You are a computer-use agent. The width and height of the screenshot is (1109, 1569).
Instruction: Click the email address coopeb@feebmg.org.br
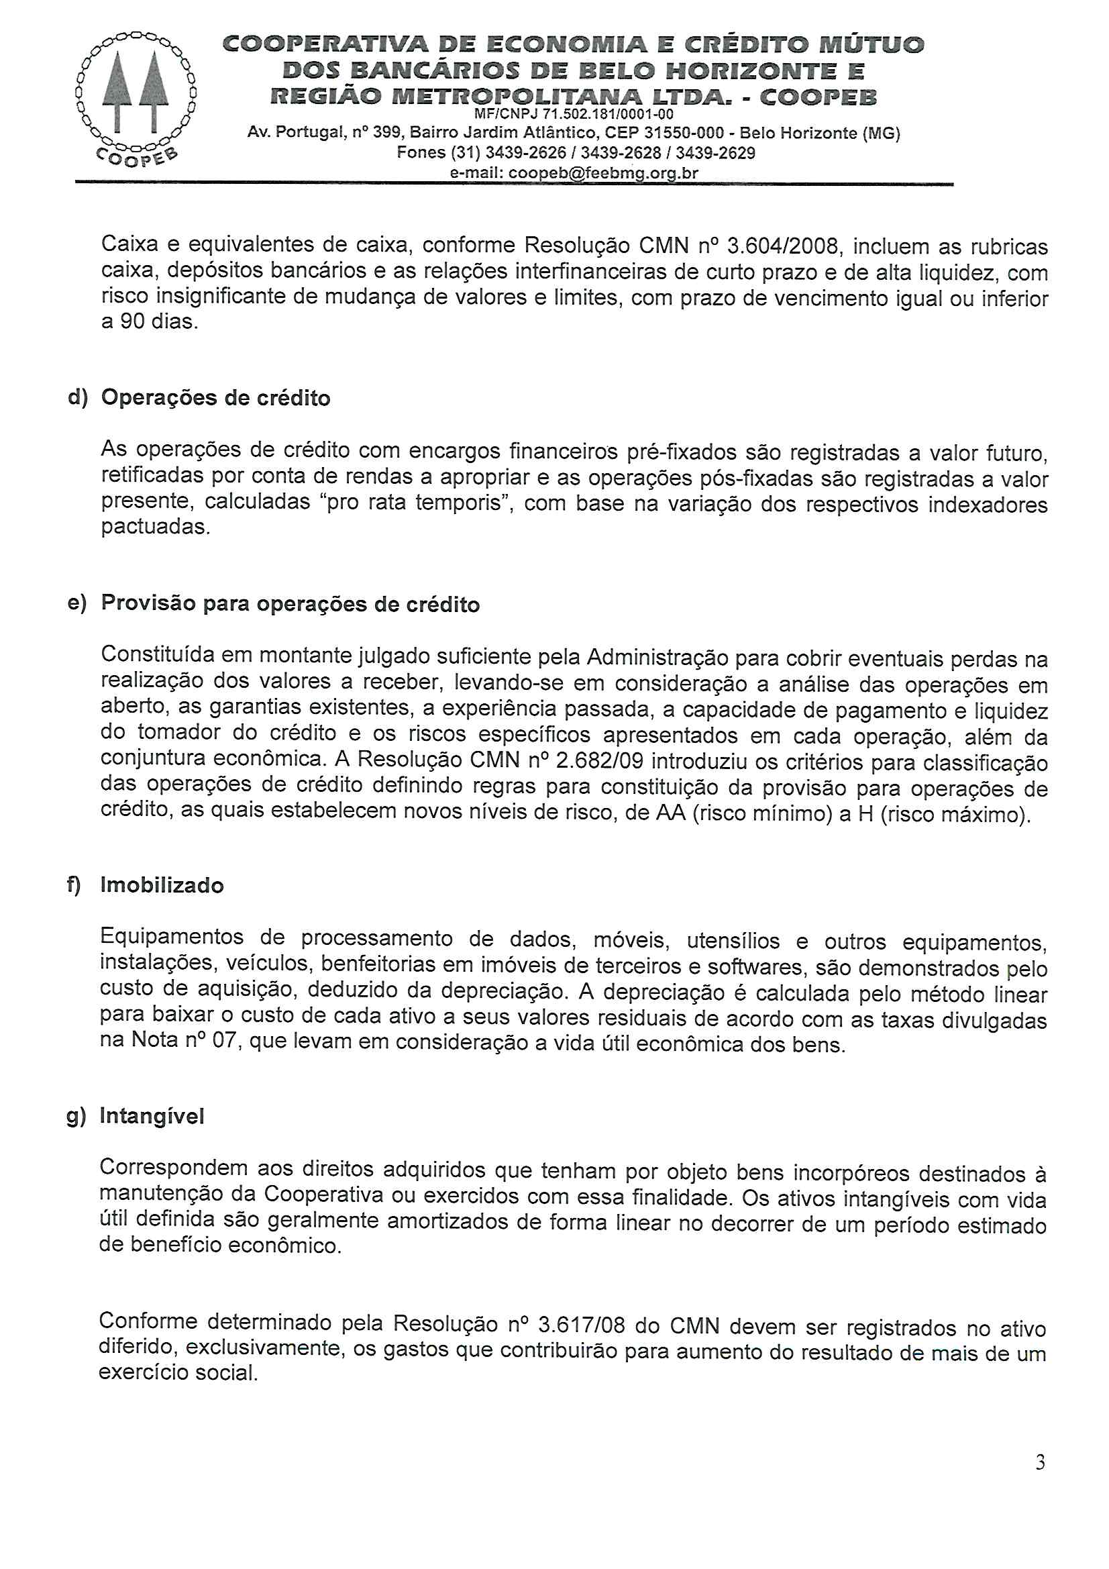click(x=603, y=173)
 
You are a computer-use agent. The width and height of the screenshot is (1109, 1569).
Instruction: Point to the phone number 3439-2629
click(x=715, y=152)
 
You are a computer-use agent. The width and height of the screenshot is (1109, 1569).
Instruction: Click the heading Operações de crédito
click(x=215, y=398)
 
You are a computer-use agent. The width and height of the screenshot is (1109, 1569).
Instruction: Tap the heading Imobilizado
click(x=162, y=885)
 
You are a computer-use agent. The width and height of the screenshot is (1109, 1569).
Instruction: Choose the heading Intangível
click(x=152, y=1116)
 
